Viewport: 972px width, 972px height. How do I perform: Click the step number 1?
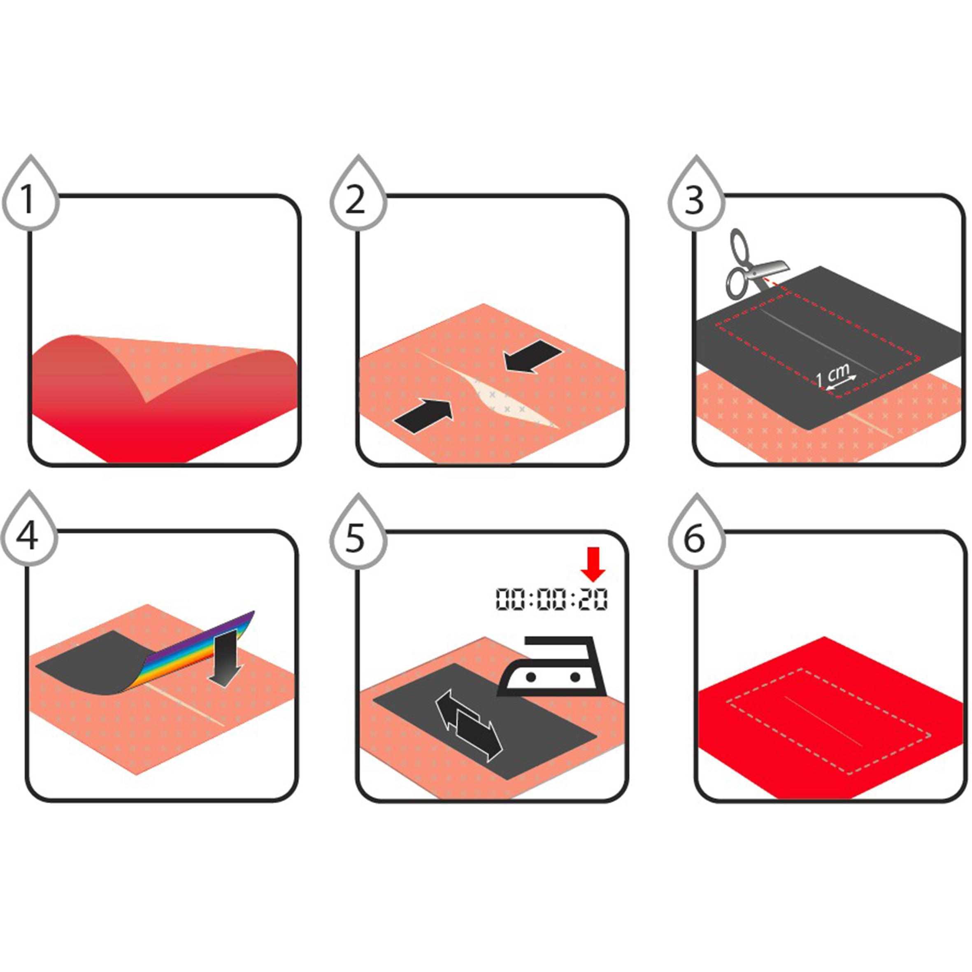click(x=28, y=200)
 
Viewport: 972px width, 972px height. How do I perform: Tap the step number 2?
click(x=356, y=200)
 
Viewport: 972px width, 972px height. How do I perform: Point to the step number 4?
click(x=27, y=537)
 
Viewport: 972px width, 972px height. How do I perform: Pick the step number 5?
click(x=355, y=537)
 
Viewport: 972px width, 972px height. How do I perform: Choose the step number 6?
click(x=694, y=537)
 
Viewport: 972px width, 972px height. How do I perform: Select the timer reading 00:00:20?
click(x=552, y=600)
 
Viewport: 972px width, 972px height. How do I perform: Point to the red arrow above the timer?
click(x=594, y=563)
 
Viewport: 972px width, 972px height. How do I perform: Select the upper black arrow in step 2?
click(x=534, y=356)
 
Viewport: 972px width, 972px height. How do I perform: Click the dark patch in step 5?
click(x=485, y=721)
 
